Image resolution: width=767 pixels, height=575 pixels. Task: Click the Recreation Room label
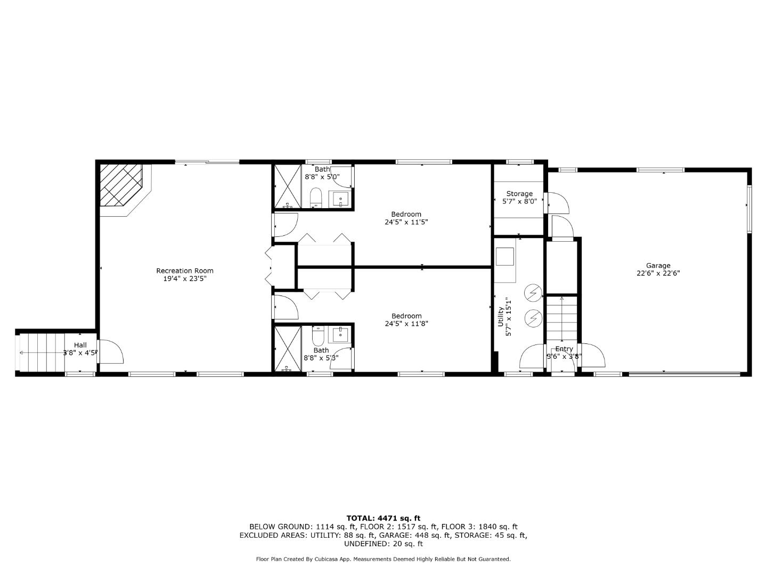pyautogui.click(x=185, y=270)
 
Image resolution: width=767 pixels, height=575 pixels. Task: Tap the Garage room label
pyautogui.click(x=658, y=266)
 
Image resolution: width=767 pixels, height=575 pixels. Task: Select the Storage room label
pyautogui.click(x=519, y=194)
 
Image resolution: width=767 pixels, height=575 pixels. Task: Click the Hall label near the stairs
pyautogui.click(x=80, y=345)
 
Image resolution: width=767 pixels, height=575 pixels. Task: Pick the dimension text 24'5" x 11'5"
pyautogui.click(x=406, y=222)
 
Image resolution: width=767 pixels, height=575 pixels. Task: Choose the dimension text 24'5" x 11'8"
pyautogui.click(x=406, y=323)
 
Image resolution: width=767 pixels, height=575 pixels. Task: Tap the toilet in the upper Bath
pyautogui.click(x=316, y=198)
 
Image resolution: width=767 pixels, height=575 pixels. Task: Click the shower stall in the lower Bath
pyautogui.click(x=288, y=349)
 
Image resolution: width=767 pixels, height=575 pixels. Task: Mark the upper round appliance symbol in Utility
pyautogui.click(x=533, y=292)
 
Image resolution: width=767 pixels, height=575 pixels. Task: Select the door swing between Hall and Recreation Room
pyautogui.click(x=110, y=352)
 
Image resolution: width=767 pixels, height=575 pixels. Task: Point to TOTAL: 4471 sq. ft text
pyautogui.click(x=383, y=518)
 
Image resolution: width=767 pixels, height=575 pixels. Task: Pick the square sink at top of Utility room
pyautogui.click(x=504, y=257)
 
